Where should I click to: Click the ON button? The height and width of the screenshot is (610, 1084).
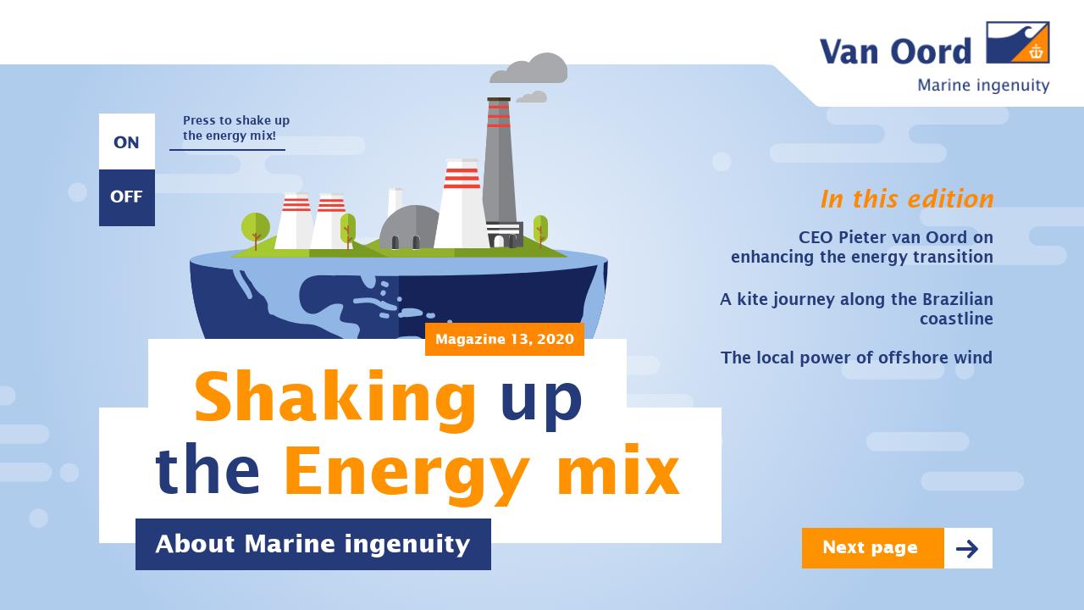pyautogui.click(x=126, y=141)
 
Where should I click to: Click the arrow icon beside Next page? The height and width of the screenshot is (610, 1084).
pyautogui.click(x=967, y=548)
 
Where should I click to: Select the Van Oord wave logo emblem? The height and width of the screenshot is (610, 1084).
pyautogui.click(x=1017, y=42)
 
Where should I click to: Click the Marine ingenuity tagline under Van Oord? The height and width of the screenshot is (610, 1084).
pyautogui.click(x=983, y=86)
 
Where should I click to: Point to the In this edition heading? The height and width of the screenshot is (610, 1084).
pyautogui.click(x=906, y=199)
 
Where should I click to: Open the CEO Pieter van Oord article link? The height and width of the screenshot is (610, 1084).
pyautogui.click(x=862, y=247)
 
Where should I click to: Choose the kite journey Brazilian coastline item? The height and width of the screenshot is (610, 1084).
pyautogui.click(x=856, y=308)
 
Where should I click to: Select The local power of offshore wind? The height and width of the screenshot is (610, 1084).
pyautogui.click(x=856, y=358)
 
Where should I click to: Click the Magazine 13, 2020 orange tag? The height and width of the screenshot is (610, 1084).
pyautogui.click(x=504, y=339)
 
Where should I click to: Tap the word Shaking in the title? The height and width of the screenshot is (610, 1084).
pyautogui.click(x=335, y=398)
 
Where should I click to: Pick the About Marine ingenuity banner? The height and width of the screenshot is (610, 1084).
pyautogui.click(x=312, y=544)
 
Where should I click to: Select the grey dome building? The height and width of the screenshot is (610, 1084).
pyautogui.click(x=409, y=227)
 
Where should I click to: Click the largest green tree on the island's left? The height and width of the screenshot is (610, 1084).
pyautogui.click(x=255, y=227)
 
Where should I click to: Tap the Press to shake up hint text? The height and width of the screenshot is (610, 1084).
pyautogui.click(x=235, y=128)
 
